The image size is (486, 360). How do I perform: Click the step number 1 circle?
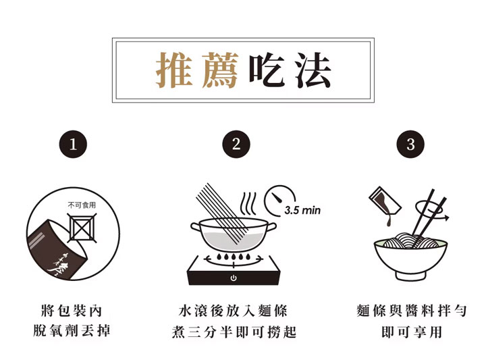[73, 144]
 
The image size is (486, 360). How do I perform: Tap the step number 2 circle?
[236, 144]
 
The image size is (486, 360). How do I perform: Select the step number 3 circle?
[410, 144]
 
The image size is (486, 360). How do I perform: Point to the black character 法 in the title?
[313, 70]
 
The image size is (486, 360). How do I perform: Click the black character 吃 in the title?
[267, 70]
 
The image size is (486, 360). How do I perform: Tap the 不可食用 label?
[82, 205]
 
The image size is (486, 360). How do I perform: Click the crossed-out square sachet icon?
[82, 228]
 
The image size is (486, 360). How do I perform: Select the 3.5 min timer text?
[302, 210]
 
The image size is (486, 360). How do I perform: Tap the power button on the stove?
[234, 278]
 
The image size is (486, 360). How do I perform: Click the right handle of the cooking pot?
[271, 228]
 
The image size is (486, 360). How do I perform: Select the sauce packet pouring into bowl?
[385, 201]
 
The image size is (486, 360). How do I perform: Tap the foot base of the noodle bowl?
[410, 276]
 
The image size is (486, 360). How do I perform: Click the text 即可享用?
[412, 332]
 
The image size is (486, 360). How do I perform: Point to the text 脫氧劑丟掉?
[72, 331]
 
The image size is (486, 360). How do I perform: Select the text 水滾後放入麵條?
[233, 311]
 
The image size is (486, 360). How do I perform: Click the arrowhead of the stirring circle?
[447, 217]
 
